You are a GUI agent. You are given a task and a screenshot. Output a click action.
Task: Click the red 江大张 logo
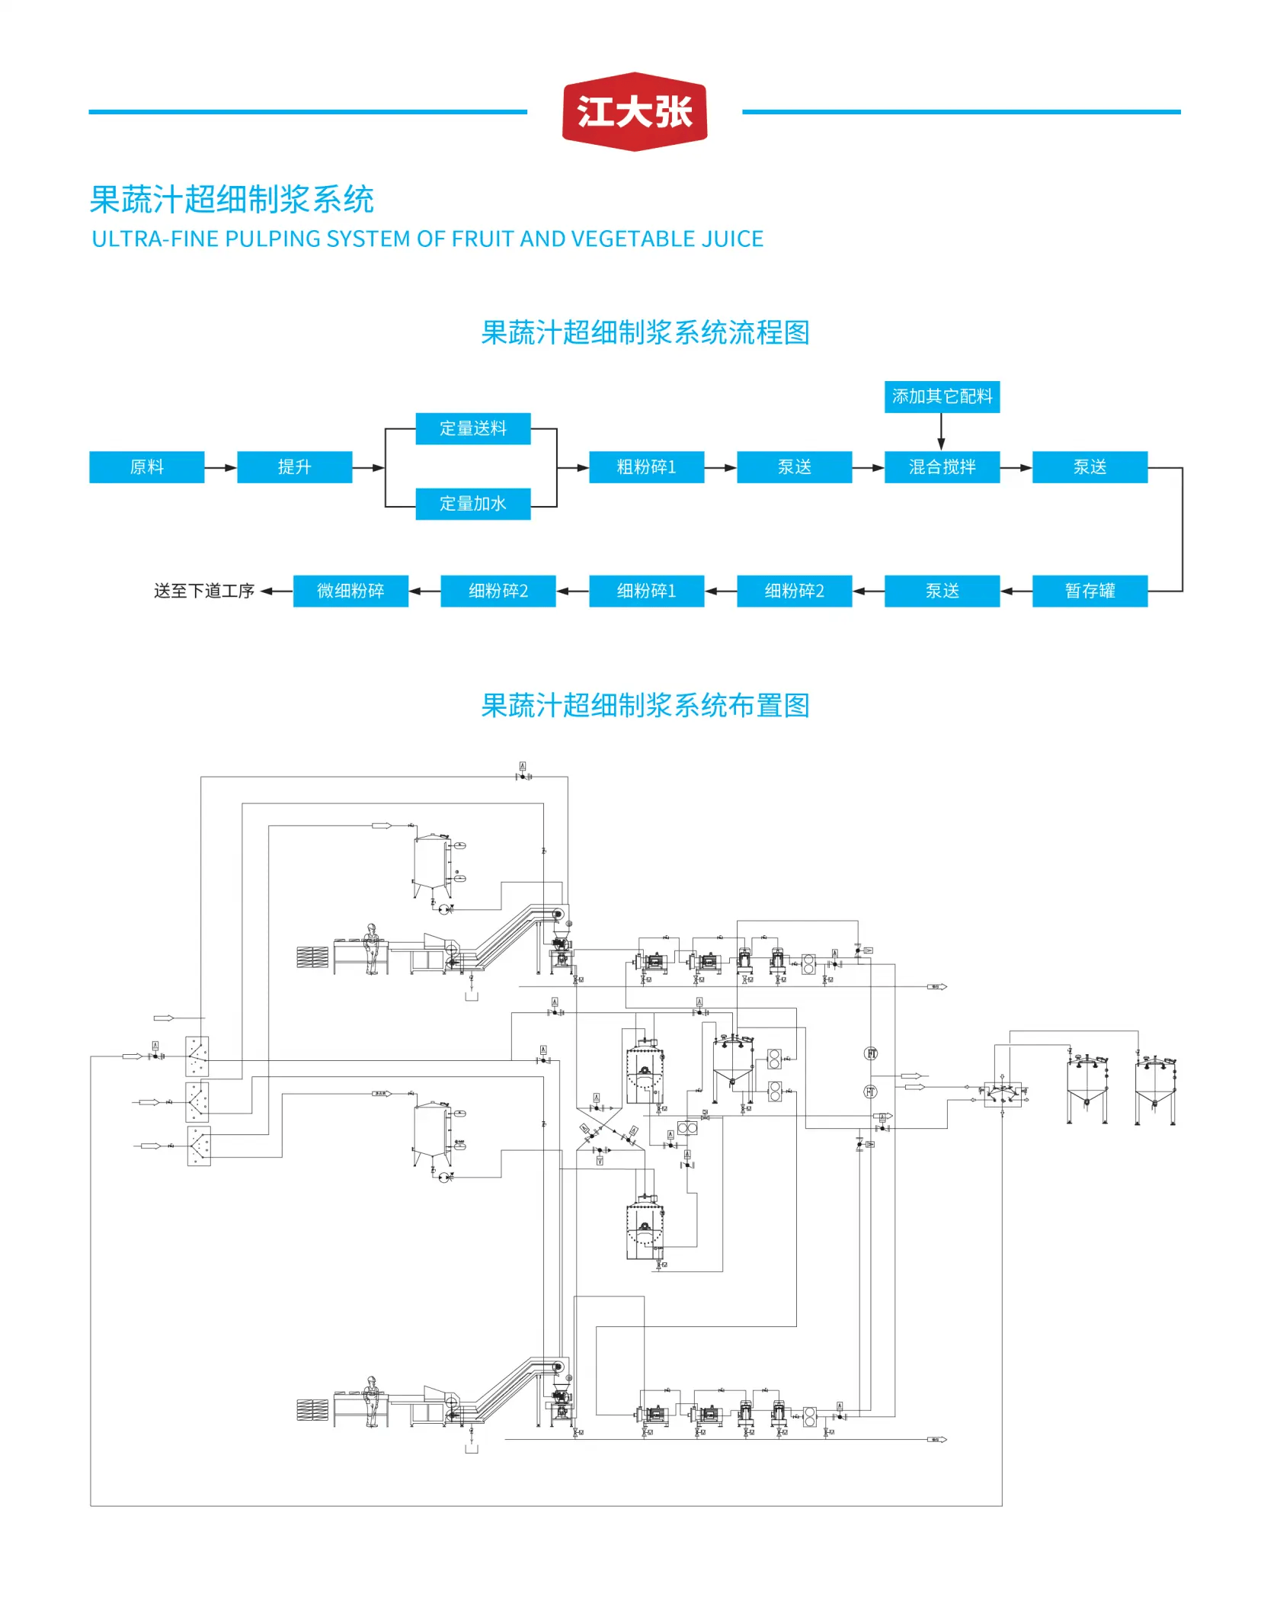click(634, 112)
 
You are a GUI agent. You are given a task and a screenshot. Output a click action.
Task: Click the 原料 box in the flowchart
click(146, 467)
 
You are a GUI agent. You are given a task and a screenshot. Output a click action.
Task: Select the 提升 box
click(294, 467)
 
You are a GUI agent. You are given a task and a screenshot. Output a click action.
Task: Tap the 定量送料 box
click(472, 428)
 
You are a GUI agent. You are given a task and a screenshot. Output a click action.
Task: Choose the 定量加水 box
click(472, 504)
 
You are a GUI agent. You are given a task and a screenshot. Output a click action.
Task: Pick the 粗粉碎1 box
click(646, 467)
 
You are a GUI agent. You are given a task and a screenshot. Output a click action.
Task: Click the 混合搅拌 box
click(942, 467)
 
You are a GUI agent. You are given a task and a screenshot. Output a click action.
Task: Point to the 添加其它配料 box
click(942, 396)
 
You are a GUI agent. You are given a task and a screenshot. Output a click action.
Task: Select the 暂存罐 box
click(1090, 591)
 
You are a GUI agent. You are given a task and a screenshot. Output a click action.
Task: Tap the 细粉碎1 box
click(646, 591)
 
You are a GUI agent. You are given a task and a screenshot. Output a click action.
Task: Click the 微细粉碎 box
click(350, 591)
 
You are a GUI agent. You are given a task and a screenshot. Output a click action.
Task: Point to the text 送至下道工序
click(204, 591)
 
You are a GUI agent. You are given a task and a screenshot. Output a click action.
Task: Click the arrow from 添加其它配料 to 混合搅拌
click(942, 432)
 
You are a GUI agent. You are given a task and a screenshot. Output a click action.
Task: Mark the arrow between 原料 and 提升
click(221, 467)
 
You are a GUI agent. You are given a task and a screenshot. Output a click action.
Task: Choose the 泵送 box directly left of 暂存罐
click(942, 591)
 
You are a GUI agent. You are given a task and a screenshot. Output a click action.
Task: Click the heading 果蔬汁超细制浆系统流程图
click(645, 333)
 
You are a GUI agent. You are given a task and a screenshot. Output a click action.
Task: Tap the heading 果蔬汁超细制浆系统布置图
click(645, 706)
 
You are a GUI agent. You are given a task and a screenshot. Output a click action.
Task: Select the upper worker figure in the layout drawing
click(371, 949)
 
